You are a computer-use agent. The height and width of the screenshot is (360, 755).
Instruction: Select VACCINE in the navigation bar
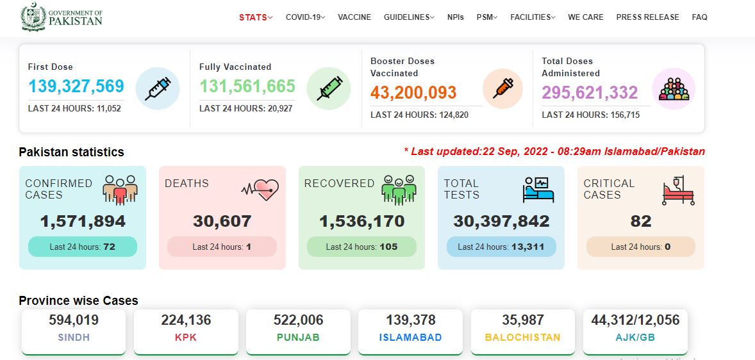pyautogui.click(x=354, y=17)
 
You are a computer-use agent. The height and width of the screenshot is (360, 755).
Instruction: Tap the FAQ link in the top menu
pyautogui.click(x=700, y=17)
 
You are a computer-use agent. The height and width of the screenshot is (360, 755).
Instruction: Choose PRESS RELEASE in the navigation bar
pyautogui.click(x=647, y=17)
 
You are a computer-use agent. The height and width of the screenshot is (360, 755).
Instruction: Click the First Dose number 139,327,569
pyautogui.click(x=76, y=86)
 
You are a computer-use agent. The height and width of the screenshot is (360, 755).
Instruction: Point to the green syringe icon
pyautogui.click(x=329, y=88)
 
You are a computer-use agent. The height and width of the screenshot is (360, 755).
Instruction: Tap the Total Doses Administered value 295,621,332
pyautogui.click(x=590, y=92)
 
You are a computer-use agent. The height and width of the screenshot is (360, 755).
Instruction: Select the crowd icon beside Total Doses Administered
pyautogui.click(x=674, y=89)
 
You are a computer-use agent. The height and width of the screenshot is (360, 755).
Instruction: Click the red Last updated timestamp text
pyautogui.click(x=554, y=152)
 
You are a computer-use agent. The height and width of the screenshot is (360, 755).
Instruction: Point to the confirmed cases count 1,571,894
pyautogui.click(x=83, y=222)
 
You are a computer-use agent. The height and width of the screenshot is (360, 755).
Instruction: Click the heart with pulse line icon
pyautogui.click(x=260, y=190)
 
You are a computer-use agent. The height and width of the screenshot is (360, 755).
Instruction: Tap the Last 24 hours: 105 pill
pyautogui.click(x=361, y=247)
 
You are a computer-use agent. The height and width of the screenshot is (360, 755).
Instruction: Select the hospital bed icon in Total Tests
pyautogui.click(x=538, y=190)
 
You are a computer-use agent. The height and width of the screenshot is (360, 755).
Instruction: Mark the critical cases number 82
pyautogui.click(x=641, y=222)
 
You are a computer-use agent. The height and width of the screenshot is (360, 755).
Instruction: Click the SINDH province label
pyautogui.click(x=74, y=338)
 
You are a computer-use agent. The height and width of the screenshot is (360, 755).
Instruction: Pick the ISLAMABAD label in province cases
pyautogui.click(x=410, y=338)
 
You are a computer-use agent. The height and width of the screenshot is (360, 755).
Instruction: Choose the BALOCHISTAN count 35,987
pyautogui.click(x=522, y=320)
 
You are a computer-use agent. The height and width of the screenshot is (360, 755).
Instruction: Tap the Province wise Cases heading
pyautogui.click(x=78, y=301)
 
